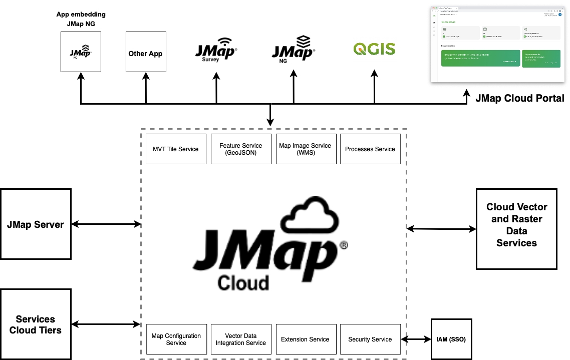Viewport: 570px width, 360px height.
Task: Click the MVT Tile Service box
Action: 176,149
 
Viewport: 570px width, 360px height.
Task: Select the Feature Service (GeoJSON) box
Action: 241,149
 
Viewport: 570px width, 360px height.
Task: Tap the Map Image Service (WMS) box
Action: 305,149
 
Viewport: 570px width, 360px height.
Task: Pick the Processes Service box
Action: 370,149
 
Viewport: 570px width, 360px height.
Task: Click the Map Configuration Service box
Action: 176,339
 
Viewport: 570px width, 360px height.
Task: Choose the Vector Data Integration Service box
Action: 241,339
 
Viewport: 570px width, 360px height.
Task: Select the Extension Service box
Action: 305,339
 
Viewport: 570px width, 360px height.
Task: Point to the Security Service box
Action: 370,339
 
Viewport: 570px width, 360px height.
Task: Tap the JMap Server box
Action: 36,224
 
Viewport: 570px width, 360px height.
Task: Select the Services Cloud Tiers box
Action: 36,324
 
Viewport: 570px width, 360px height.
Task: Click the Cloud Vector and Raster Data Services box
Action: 516,225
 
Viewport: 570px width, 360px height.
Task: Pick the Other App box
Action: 145,53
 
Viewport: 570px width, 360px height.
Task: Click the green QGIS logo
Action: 374,49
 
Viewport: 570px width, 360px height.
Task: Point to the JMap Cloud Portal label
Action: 520,98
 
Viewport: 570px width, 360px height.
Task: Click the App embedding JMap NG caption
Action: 81,19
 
